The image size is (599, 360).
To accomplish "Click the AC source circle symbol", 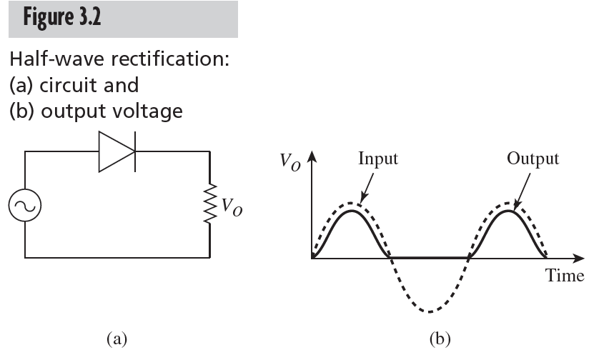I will click(x=25, y=206).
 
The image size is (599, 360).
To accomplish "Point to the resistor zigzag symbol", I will click(x=209, y=206).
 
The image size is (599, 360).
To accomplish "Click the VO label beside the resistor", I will click(x=231, y=207).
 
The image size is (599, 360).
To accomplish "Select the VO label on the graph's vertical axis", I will click(x=290, y=161).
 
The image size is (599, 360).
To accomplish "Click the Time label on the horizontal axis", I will click(x=565, y=276).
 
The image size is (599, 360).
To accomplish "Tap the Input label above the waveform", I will click(x=378, y=159).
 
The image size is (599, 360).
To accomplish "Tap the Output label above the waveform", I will click(x=533, y=159).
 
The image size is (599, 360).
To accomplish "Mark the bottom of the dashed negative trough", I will click(x=429, y=312).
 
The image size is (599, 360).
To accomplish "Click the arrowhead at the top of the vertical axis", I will click(x=312, y=156).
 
